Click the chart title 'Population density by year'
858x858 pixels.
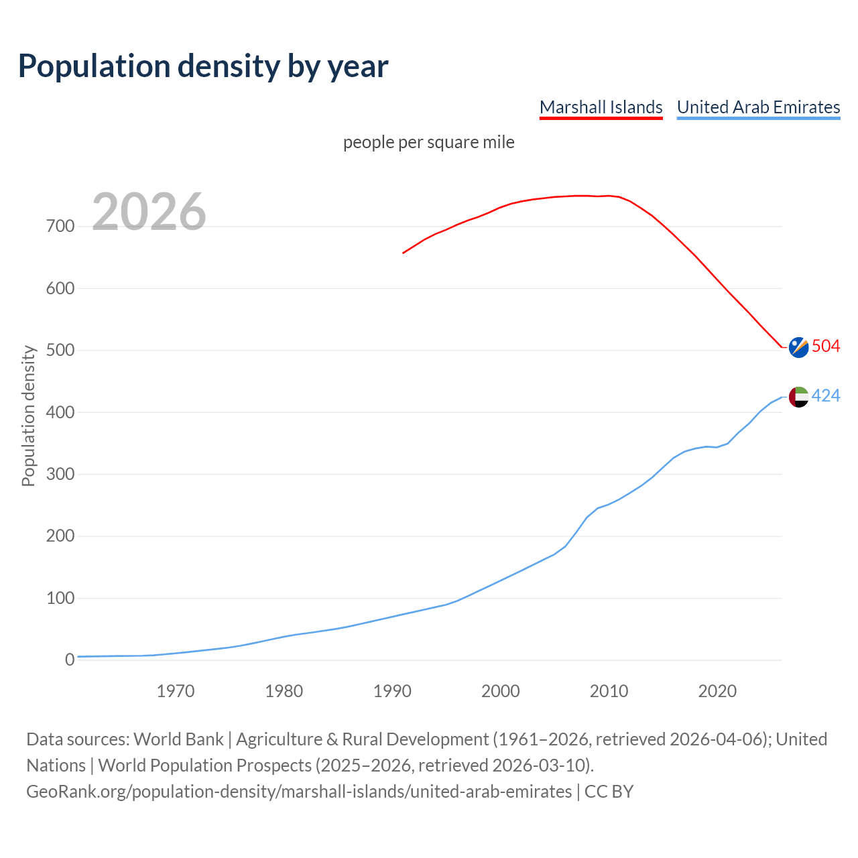point(203,66)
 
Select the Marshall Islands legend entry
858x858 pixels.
point(601,107)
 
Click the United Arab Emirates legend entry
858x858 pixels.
point(758,107)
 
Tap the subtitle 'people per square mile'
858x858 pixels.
point(428,143)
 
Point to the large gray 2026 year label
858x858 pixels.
point(149,212)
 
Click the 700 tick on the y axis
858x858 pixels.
point(60,227)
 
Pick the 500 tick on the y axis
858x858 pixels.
point(60,351)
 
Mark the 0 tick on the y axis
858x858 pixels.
point(70,660)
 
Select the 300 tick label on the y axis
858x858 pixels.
point(60,475)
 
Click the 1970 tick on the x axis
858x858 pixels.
point(176,691)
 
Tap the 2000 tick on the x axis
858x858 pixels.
point(501,691)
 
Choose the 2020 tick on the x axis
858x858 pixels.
point(717,691)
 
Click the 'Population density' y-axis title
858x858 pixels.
point(28,416)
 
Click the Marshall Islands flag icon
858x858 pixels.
point(798,347)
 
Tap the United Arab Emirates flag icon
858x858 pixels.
point(798,397)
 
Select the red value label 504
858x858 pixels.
point(826,347)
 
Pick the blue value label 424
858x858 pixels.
point(826,396)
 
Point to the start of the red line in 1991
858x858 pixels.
point(403,253)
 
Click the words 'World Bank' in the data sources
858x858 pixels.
point(178,739)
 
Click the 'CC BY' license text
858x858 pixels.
point(609,792)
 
